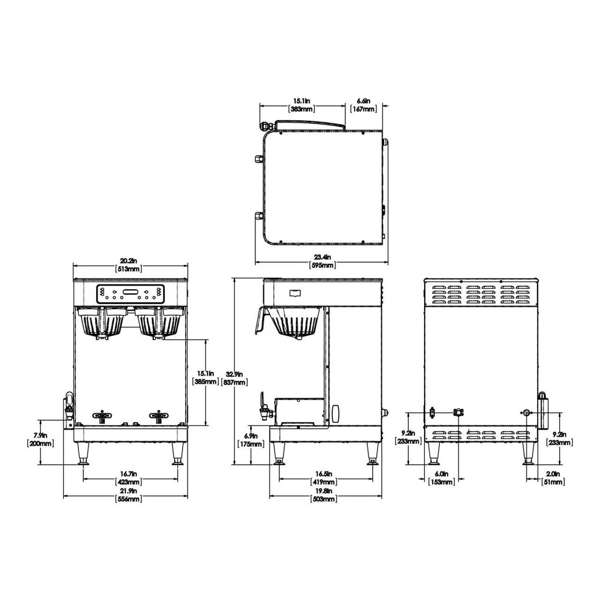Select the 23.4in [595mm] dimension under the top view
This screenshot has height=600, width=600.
pyautogui.click(x=322, y=261)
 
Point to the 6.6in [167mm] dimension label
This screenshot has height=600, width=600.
pyautogui.click(x=363, y=105)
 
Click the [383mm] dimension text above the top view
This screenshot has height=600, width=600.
pyautogui.click(x=301, y=109)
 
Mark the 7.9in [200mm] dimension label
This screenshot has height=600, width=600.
pyautogui.click(x=40, y=439)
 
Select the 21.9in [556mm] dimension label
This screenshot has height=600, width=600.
pyautogui.click(x=128, y=495)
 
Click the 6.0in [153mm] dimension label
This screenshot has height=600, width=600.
pyautogui.click(x=441, y=478)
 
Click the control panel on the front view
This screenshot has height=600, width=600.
pyautogui.click(x=130, y=294)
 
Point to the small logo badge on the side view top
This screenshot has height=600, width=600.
pyautogui.click(x=295, y=293)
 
